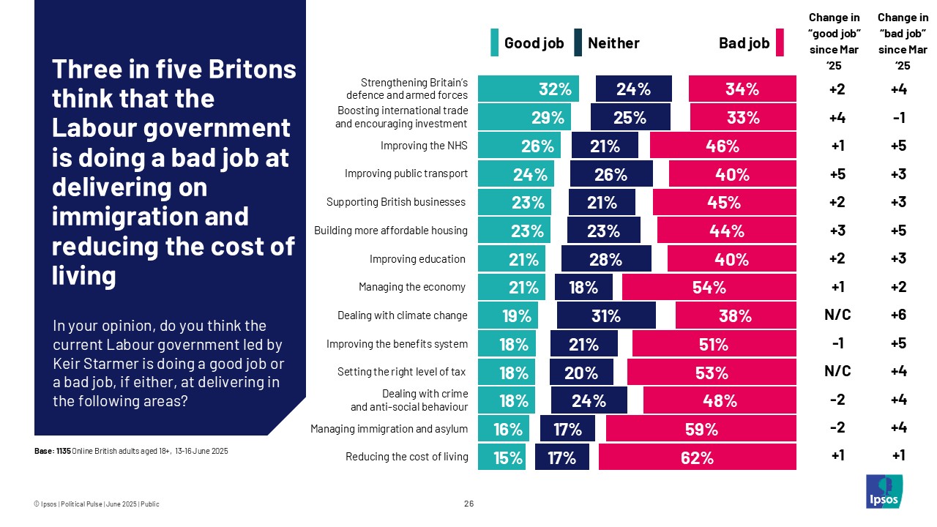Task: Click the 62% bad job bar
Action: (697, 458)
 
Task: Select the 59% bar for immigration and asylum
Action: (701, 430)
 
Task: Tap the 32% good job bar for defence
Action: (528, 89)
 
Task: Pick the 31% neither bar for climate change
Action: (605, 316)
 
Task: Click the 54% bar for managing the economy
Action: (709, 288)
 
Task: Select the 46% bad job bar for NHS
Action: (723, 146)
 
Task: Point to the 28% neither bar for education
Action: (605, 259)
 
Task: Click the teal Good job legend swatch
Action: (495, 43)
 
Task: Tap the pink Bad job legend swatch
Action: (780, 43)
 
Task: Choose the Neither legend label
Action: (613, 43)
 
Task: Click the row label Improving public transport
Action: (406, 174)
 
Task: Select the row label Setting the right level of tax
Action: (401, 372)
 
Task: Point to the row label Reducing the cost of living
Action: (406, 457)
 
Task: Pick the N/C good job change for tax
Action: (837, 372)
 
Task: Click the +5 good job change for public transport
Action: (837, 174)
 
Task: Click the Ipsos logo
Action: (884, 491)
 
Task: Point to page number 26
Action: (468, 504)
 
